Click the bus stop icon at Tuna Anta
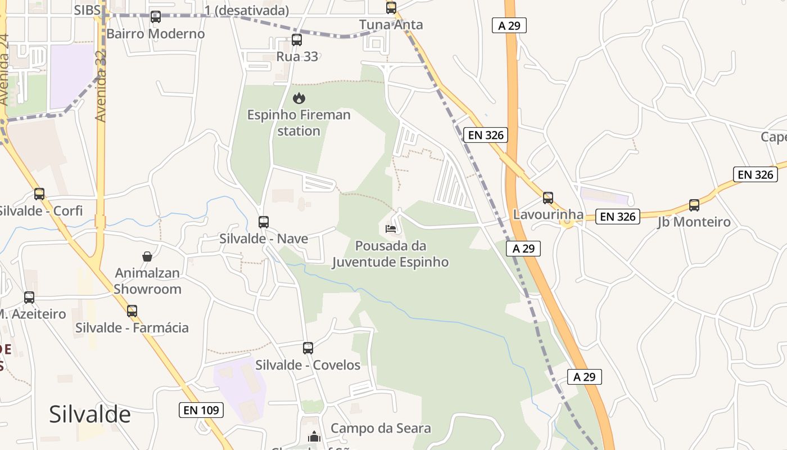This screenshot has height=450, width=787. tap(391, 8)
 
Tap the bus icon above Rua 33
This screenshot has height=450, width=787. tap(297, 40)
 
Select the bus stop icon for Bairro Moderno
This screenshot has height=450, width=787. tap(156, 17)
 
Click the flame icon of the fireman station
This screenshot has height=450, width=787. tap(299, 98)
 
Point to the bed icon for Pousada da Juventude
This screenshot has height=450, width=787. tap(391, 228)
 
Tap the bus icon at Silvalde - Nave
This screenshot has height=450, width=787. tap(264, 222)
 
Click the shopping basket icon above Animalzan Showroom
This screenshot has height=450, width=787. tap(147, 256)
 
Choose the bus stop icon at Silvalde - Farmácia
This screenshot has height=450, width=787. tap(132, 310)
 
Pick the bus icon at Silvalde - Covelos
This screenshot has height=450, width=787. tap(308, 348)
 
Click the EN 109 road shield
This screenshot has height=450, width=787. tap(201, 410)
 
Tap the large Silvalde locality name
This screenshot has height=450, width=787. tap(90, 414)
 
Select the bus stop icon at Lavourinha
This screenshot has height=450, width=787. tap(548, 198)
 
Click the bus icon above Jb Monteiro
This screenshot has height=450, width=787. tap(694, 205)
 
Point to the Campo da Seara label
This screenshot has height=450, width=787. tap(381, 428)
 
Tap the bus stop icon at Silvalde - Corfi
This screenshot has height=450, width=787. tap(39, 194)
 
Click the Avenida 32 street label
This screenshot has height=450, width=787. tap(101, 84)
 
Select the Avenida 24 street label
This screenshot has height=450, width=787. tap(5, 70)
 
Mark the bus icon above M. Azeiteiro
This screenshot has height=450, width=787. tap(29, 298)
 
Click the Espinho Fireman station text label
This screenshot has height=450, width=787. tap(299, 123)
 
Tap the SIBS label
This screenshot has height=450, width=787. tap(87, 10)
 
